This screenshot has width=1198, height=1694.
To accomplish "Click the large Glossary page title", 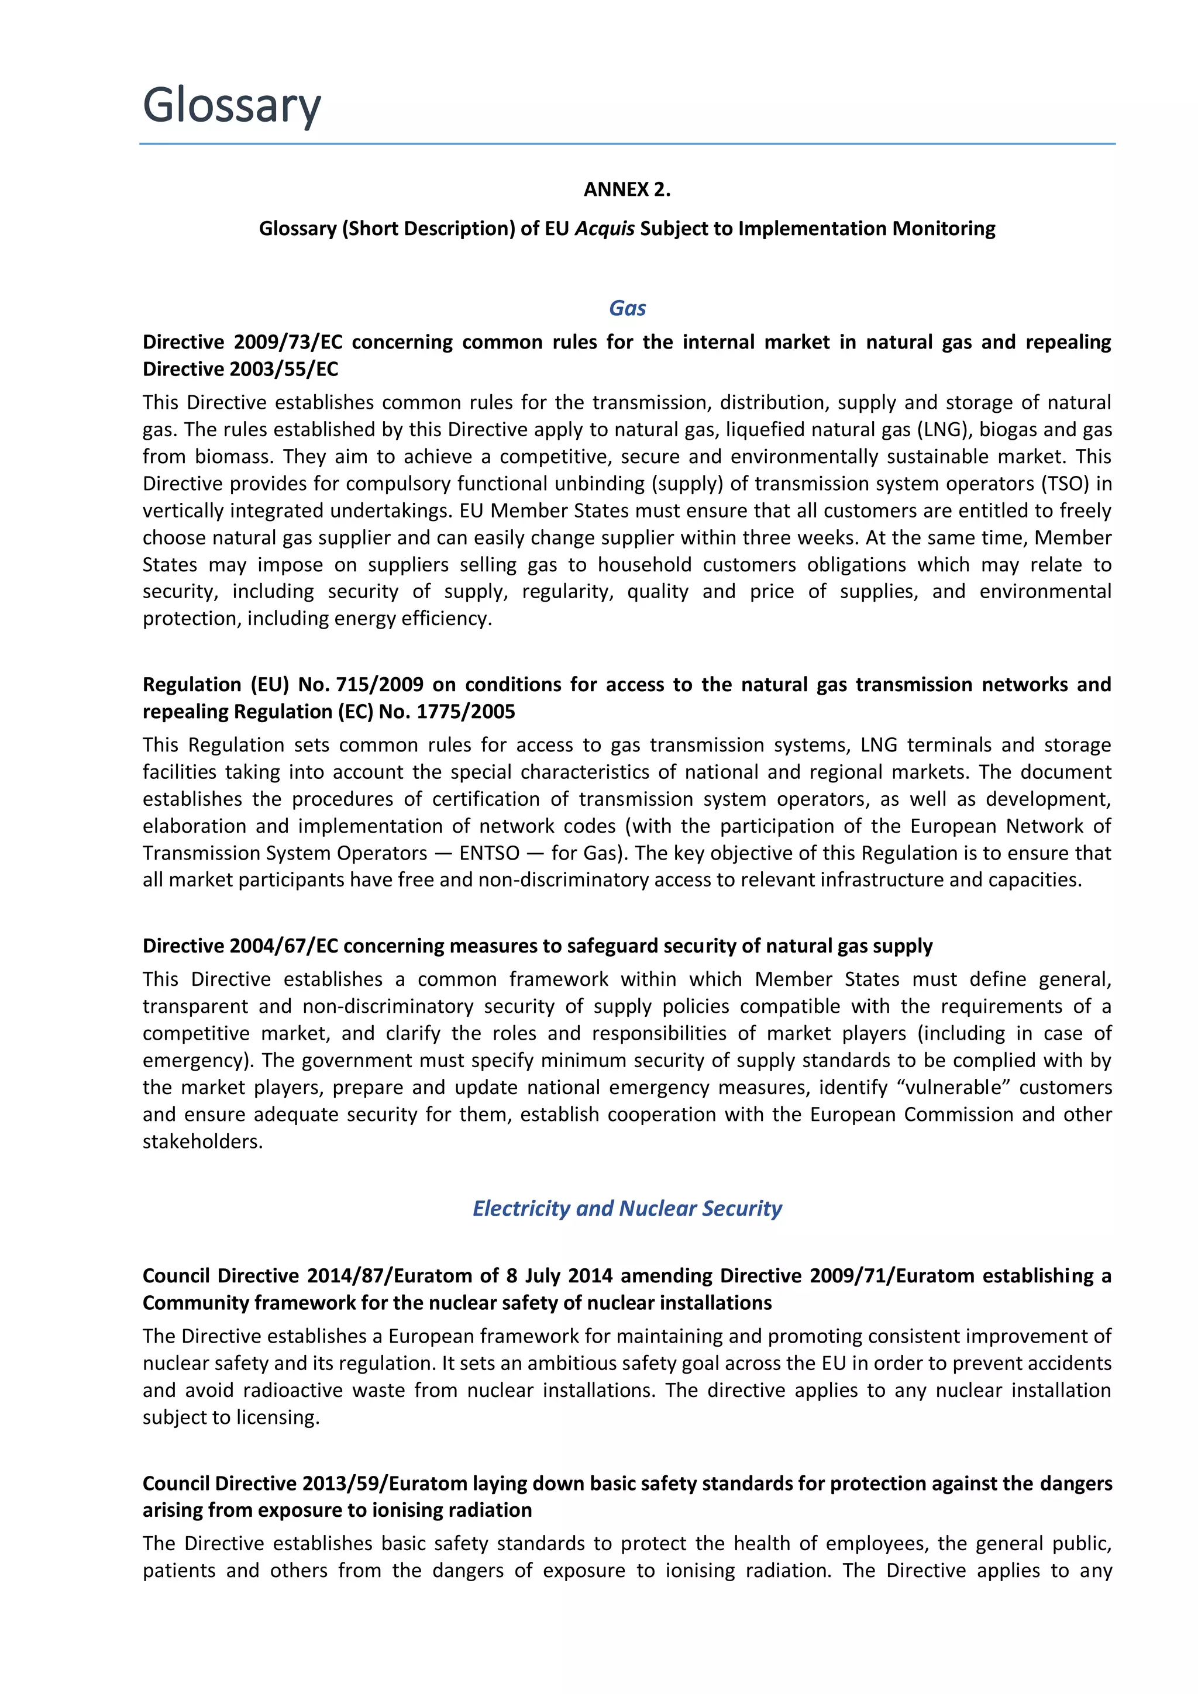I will (231, 105).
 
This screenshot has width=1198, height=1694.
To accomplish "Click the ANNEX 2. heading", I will (626, 189).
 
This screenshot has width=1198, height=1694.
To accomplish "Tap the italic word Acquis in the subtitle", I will (604, 229).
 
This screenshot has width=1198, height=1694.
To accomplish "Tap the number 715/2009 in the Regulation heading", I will (380, 684).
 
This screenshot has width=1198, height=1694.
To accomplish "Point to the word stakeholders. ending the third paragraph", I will (202, 1141).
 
